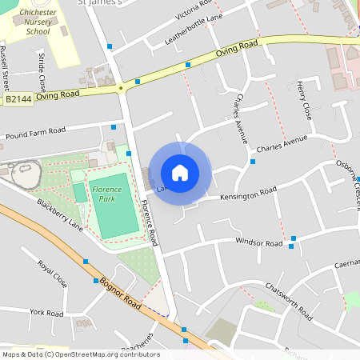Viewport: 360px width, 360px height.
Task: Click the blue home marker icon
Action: coord(180,172)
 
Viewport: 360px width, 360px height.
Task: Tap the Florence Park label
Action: coord(106,192)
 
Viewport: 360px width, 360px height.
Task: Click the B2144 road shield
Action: coord(18,99)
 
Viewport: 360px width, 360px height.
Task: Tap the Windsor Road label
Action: coord(259,242)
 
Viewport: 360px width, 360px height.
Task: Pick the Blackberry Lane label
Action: coord(60,214)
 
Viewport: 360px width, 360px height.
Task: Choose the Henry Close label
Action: coord(302,100)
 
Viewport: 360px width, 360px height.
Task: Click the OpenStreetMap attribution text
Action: coord(80,354)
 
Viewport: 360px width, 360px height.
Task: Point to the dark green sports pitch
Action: coord(79,193)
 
